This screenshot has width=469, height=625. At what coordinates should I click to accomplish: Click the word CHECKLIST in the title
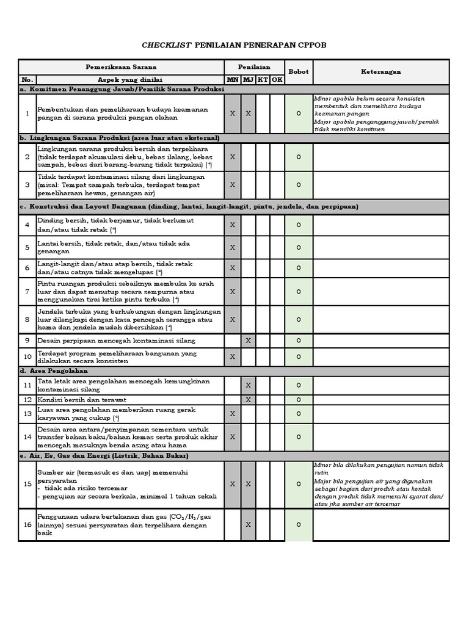(x=167, y=45)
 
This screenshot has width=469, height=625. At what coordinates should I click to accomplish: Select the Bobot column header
(x=299, y=71)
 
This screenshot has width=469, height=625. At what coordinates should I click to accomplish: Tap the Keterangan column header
(x=381, y=71)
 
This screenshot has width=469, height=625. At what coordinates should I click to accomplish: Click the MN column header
(x=233, y=80)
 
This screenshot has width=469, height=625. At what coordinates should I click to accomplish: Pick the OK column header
(x=277, y=80)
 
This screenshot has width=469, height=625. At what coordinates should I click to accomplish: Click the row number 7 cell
(x=27, y=292)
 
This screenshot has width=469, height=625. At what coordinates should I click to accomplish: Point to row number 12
(x=27, y=399)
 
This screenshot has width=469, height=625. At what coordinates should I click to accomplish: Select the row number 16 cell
(x=27, y=524)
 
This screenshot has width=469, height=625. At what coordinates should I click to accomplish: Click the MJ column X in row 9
(x=248, y=340)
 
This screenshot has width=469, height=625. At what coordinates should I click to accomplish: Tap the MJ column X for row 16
(x=248, y=524)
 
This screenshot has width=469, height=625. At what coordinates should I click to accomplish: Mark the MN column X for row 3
(x=233, y=184)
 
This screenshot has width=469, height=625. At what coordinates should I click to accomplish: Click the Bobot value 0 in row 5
(x=299, y=247)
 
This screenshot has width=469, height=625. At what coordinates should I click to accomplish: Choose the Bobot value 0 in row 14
(x=299, y=437)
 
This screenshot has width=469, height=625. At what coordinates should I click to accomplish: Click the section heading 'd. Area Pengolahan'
(x=54, y=370)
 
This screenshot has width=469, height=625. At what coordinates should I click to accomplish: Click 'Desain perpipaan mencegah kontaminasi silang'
(x=117, y=340)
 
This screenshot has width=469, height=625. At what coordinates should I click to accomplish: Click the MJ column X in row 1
(x=248, y=114)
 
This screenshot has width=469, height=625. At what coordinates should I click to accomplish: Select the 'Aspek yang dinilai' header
(x=130, y=80)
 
